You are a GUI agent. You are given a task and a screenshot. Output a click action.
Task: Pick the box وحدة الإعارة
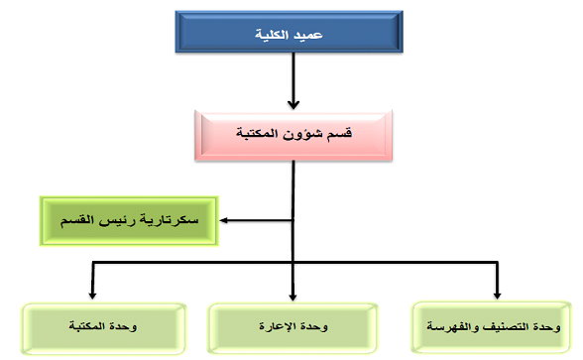[292, 326]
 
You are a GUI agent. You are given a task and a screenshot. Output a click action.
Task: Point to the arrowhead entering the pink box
[292, 102]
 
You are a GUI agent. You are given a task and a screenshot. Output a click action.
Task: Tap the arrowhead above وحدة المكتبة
[93, 295]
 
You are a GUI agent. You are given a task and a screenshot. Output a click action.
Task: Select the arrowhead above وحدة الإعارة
[292, 295]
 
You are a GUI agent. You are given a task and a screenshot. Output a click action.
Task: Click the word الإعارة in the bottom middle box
[280, 327]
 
